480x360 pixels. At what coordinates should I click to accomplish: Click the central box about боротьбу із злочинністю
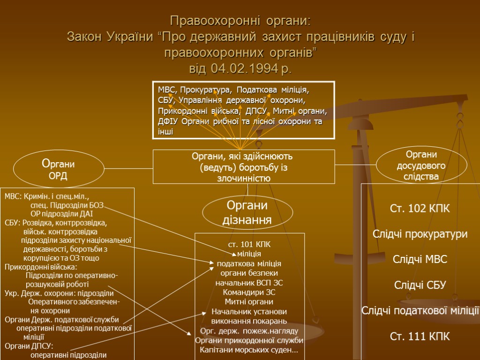coord(244,166)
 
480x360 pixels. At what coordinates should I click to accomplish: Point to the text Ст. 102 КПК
coord(420,209)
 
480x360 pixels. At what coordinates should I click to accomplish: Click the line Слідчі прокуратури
coord(420,234)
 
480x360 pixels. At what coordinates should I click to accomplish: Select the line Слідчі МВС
coord(420,259)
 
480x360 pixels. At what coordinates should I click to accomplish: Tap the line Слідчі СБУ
coord(420,285)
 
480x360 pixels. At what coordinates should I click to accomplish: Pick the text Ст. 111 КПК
coord(420,336)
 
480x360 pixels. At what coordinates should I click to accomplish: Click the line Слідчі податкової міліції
coord(420,310)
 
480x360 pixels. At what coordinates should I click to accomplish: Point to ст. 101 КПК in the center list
coord(249,244)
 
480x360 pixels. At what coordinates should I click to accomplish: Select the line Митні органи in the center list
coord(249,302)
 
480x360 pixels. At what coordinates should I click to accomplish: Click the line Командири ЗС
coord(249,292)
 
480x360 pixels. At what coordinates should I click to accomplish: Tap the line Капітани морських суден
coord(249,350)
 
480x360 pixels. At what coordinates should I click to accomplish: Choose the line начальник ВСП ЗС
coord(249,283)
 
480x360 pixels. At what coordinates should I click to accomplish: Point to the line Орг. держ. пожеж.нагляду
coord(249,331)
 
